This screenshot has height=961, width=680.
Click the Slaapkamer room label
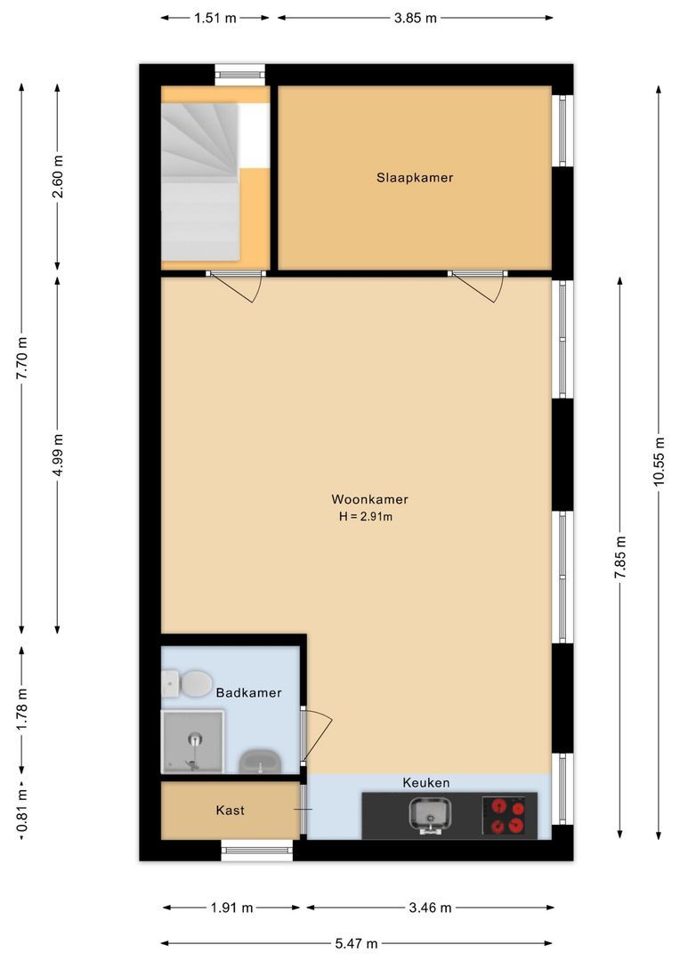414,178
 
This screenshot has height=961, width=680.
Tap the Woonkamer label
369,499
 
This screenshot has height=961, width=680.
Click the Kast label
230,811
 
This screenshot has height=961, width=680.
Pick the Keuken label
425,783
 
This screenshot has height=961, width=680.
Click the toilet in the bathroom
188,684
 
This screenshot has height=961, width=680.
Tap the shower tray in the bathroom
192,740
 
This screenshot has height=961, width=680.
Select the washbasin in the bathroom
260,762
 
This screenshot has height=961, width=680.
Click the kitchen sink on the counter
431,814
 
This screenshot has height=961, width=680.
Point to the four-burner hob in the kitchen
508,815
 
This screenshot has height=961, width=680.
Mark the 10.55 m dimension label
659,461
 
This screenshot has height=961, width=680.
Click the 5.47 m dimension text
357,943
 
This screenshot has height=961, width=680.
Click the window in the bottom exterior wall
256,852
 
